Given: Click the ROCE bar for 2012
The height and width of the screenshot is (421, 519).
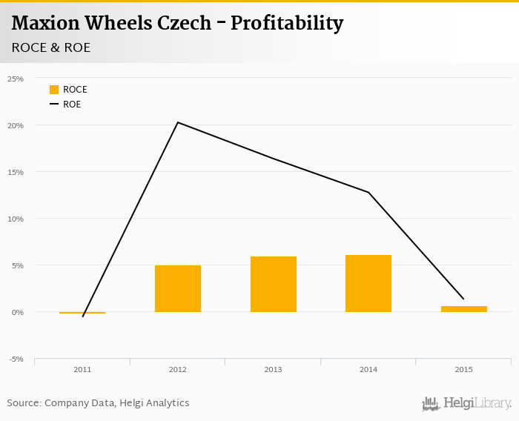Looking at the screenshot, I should click(x=178, y=288).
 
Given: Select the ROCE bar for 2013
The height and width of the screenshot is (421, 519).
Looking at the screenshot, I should click(x=274, y=284).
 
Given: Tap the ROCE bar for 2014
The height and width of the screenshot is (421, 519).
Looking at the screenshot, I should click(x=368, y=283).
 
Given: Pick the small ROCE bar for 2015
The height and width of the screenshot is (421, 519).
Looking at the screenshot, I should click(x=464, y=309).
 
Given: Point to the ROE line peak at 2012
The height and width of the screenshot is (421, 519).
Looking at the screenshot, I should click(x=178, y=122).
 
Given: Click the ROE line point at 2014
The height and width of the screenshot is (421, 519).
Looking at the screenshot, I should click(x=368, y=193).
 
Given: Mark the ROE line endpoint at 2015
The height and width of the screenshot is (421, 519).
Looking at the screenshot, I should click(x=464, y=299).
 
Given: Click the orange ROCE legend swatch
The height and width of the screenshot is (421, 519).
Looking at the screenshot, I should click(x=54, y=90).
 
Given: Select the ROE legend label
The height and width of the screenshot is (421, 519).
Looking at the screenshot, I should click(x=72, y=105).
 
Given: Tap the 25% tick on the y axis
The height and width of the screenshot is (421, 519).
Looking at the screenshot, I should click(x=16, y=79).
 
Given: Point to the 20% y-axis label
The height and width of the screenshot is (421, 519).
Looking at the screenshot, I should click(x=16, y=125).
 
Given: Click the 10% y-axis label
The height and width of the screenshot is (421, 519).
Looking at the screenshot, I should click(x=16, y=219).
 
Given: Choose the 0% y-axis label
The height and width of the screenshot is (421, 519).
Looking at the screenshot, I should click(x=17, y=312).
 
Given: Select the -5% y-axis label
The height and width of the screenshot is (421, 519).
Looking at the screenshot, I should click(x=16, y=359).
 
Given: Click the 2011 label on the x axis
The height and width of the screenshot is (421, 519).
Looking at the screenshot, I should click(x=82, y=369).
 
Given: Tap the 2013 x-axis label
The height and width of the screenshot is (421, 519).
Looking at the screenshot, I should click(x=274, y=369).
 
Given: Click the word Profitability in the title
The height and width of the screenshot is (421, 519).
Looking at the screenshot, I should click(x=287, y=23).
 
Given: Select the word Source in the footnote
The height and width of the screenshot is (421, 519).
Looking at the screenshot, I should click(x=23, y=403).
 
